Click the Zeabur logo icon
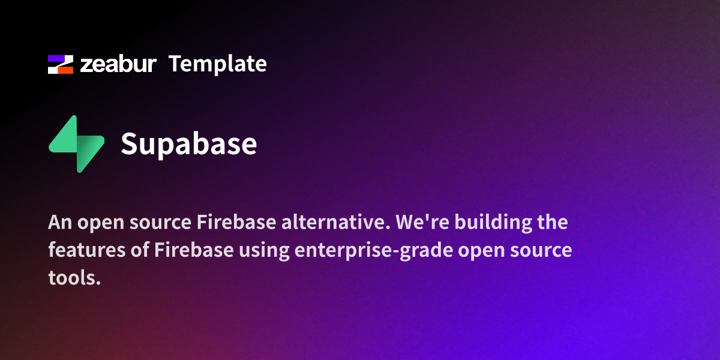tap(61, 64)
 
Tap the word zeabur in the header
tap(118, 64)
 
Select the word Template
tap(217, 64)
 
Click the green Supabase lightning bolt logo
tap(76, 144)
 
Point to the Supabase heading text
tap(188, 144)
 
